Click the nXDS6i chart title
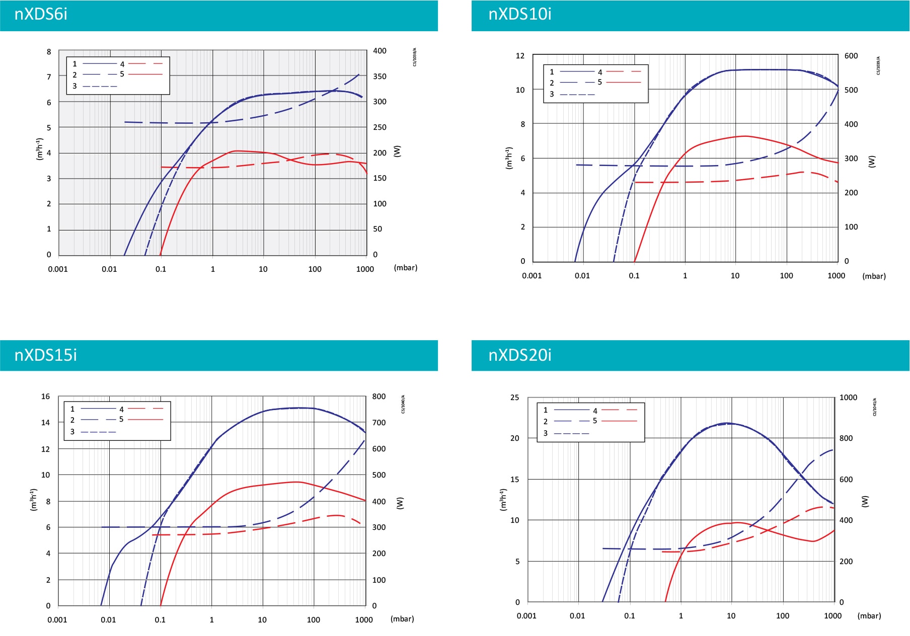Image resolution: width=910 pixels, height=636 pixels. [x=41, y=14]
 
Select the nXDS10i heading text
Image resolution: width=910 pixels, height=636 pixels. [x=519, y=14]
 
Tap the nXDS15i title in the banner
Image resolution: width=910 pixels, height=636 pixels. [x=45, y=355]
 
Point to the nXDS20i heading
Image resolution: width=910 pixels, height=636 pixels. [x=519, y=355]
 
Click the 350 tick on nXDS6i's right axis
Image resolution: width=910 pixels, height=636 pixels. [x=380, y=76]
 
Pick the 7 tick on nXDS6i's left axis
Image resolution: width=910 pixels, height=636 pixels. [x=49, y=77]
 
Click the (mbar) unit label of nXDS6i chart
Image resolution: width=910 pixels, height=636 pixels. [x=405, y=268]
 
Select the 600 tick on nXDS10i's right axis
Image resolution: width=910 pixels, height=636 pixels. [x=851, y=56]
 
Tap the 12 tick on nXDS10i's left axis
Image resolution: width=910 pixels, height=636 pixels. [x=520, y=56]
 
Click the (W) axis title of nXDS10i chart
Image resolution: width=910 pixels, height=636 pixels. [x=872, y=161]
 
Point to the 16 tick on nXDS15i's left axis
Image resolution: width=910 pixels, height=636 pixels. [x=45, y=396]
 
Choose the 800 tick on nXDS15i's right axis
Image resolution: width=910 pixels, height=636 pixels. [x=379, y=396]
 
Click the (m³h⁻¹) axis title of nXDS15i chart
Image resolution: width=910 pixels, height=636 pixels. [x=34, y=500]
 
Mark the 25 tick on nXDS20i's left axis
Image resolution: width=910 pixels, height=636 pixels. [x=514, y=397]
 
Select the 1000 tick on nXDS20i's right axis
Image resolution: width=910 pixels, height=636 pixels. [x=848, y=397]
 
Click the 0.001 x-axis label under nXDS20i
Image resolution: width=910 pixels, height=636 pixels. [x=526, y=616]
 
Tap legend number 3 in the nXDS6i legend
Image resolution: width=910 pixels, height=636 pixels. [x=74, y=86]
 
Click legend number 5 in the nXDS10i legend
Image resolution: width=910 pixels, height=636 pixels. [x=599, y=82]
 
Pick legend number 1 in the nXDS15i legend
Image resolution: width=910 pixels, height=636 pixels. [x=72, y=409]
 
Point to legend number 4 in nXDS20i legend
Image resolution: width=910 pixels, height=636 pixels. [x=595, y=411]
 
